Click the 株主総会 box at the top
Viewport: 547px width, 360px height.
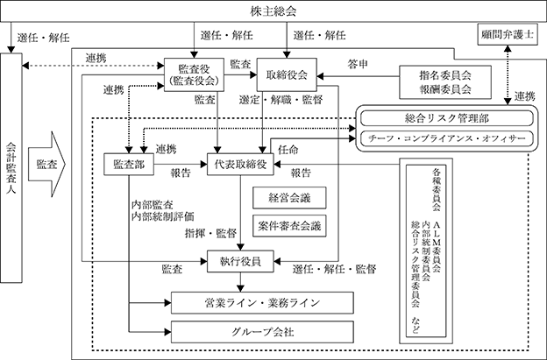[273, 11]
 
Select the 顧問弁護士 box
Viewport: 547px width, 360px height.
[508, 34]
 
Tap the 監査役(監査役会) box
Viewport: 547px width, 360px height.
[194, 74]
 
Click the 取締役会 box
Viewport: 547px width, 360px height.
[287, 74]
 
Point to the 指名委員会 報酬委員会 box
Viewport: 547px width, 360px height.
[445, 82]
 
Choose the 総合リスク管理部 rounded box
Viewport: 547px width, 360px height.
[446, 118]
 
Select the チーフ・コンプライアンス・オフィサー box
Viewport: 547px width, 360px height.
[446, 138]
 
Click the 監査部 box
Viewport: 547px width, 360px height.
[129, 164]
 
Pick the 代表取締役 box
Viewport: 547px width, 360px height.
[240, 164]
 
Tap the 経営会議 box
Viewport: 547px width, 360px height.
[289, 198]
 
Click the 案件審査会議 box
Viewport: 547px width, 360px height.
[289, 226]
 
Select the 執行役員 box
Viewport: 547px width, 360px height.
[240, 261]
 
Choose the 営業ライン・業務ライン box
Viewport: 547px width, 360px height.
[262, 303]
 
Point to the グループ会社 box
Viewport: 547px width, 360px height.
[262, 332]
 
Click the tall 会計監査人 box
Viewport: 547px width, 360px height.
[11, 167]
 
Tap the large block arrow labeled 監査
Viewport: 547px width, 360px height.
[46, 164]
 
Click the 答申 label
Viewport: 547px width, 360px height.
[358, 64]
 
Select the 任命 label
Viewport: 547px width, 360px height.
[288, 150]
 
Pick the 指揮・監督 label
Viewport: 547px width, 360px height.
[210, 233]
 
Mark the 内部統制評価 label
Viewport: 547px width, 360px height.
[162, 216]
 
